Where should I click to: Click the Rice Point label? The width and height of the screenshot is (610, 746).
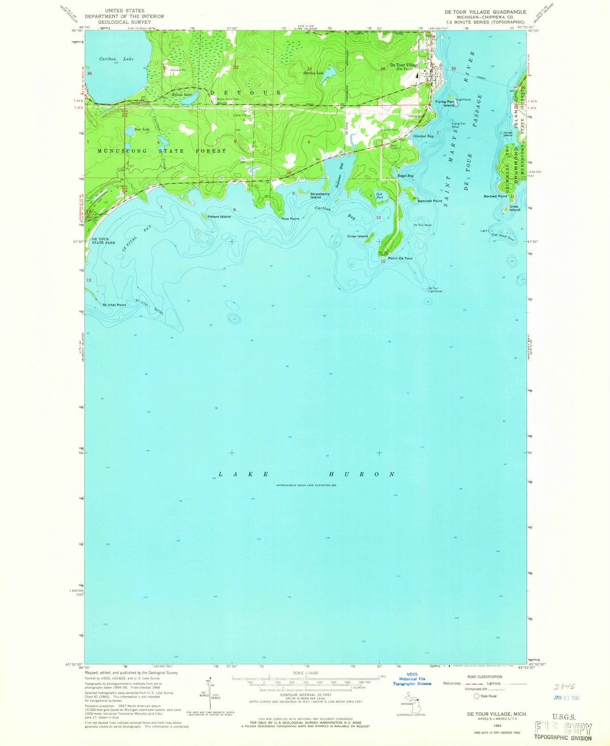[291, 218]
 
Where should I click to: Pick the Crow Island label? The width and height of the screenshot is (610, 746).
[358, 236]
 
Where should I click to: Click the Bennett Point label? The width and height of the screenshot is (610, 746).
[430, 201]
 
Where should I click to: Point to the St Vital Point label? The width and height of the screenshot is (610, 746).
[114, 305]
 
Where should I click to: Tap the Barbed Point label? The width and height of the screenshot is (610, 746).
[495, 196]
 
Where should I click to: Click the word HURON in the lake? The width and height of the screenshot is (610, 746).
[361, 474]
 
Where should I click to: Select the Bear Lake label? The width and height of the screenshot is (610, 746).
[142, 129]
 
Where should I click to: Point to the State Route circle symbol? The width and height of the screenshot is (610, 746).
[476, 696]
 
